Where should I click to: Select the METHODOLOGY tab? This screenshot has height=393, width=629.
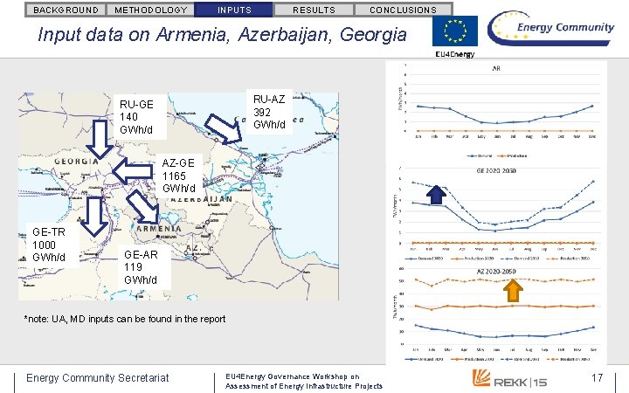150,10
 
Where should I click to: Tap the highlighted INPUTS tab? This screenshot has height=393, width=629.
233,10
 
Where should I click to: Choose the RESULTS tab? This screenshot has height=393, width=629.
313,10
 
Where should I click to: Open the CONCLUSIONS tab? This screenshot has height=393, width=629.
403,10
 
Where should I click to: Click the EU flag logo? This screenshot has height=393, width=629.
455,31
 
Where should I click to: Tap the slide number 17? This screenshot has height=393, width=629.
598,377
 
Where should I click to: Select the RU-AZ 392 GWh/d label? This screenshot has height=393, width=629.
268,111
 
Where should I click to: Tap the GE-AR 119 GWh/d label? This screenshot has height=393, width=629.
140,267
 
